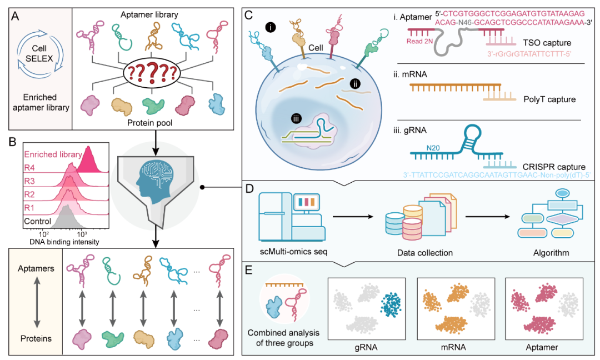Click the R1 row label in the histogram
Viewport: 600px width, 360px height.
31,207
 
